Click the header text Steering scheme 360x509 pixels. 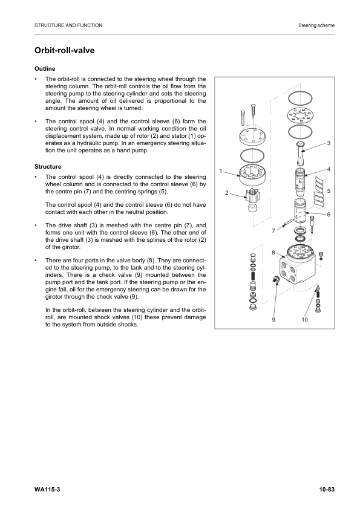316,25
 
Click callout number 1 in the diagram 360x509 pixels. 221,170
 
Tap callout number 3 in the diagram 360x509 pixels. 328,143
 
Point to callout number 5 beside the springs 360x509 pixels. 328,191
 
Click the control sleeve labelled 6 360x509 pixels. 298,215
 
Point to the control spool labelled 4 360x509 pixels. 298,180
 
